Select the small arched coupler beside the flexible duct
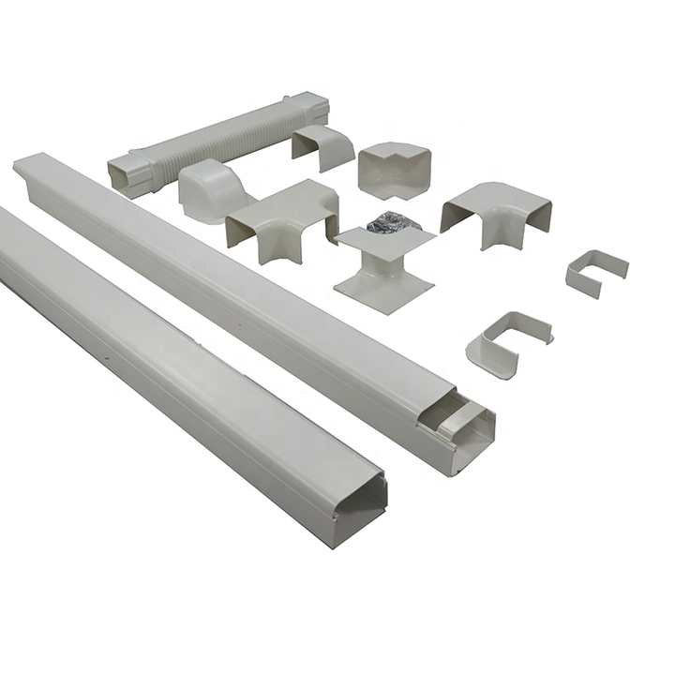323,144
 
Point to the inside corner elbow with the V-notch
392,169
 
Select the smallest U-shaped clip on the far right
596,271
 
